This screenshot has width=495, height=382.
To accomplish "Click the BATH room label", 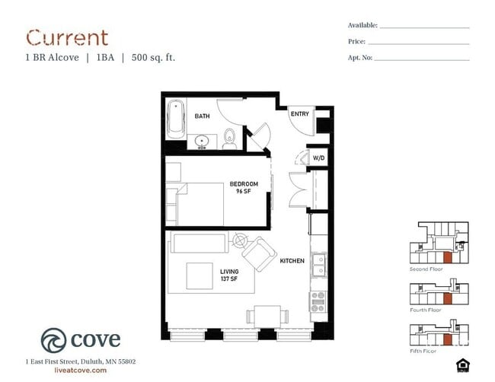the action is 202,116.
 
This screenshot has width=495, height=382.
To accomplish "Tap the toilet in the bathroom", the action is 229,139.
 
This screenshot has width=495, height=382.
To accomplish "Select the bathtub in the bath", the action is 176,119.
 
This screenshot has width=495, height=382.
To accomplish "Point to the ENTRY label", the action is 299,114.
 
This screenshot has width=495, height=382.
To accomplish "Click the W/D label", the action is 318,158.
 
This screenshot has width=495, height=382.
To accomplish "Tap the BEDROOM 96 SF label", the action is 244,187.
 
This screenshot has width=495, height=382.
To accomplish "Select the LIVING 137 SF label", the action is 229,275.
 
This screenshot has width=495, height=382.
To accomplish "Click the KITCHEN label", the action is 292,261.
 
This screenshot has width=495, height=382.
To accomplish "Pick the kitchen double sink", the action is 318,265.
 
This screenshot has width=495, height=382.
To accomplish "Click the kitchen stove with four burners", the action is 318,301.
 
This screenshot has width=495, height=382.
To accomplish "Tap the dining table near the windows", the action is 267,317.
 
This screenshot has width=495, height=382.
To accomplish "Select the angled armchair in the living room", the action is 259,254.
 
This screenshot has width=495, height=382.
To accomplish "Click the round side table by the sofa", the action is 240,240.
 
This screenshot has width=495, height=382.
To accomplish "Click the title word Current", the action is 67,38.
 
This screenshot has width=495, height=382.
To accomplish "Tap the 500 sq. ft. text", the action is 153,58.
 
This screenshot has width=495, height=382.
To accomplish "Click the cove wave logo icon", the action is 53,340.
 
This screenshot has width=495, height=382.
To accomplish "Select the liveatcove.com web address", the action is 81,371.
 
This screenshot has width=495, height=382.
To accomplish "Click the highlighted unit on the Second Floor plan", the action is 447,257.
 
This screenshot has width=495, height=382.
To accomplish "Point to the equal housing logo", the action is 463,365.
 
